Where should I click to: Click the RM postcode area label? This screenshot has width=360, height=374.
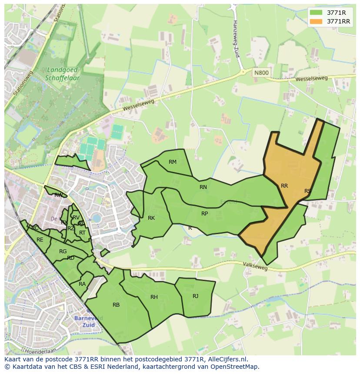pyautogui.click(x=173, y=162)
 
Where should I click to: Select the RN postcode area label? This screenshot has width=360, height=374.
pyautogui.click(x=203, y=187)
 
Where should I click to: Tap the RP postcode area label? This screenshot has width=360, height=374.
pyautogui.click(x=204, y=214)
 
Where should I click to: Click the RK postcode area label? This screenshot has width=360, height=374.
pyautogui.click(x=151, y=218)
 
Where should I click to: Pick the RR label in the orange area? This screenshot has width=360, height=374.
pyautogui.click(x=284, y=186)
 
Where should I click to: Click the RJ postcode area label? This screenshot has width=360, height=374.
pyautogui.click(x=196, y=296)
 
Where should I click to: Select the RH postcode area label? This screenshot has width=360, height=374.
pyautogui.click(x=154, y=297)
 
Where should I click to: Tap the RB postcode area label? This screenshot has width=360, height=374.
pyautogui.click(x=116, y=305)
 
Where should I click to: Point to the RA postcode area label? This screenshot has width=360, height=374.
pyautogui.click(x=82, y=284)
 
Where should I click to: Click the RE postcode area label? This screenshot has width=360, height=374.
pyautogui.click(x=40, y=239)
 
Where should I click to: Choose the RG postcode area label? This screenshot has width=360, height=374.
pyautogui.click(x=63, y=252)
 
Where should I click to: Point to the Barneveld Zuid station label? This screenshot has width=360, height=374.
pyautogui.click(x=88, y=321)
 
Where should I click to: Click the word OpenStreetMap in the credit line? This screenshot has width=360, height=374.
pyautogui.click(x=234, y=367)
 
